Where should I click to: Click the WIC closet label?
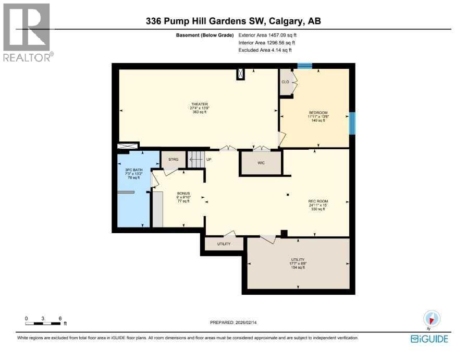(x=261, y=163)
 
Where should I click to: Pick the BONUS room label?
(x=183, y=193)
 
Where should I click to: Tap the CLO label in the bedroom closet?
(x=285, y=82)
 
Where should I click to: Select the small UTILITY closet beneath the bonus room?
(x=224, y=244)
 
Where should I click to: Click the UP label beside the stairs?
(x=208, y=159)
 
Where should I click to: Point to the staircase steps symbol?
(x=195, y=159)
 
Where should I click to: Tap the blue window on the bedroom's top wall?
(x=304, y=66)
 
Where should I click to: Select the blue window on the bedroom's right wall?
(x=352, y=123)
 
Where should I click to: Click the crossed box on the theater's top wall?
(x=240, y=74)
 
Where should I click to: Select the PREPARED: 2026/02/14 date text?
(x=233, y=322)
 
